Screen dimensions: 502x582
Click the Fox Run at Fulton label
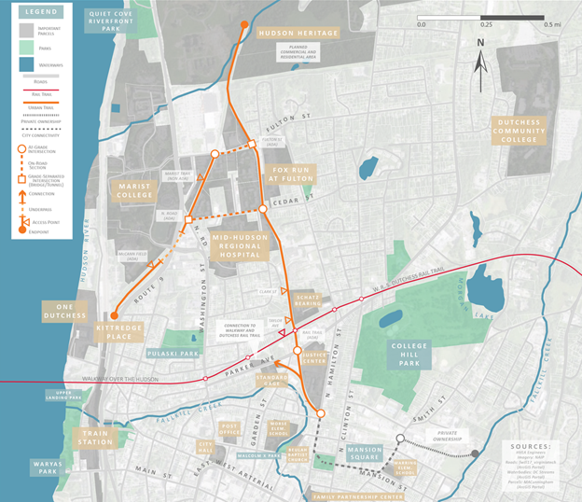(293, 174)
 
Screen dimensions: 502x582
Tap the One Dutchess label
(63, 311)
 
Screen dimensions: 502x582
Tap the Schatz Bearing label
(309, 299)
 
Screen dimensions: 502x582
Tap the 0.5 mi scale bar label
(551, 24)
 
